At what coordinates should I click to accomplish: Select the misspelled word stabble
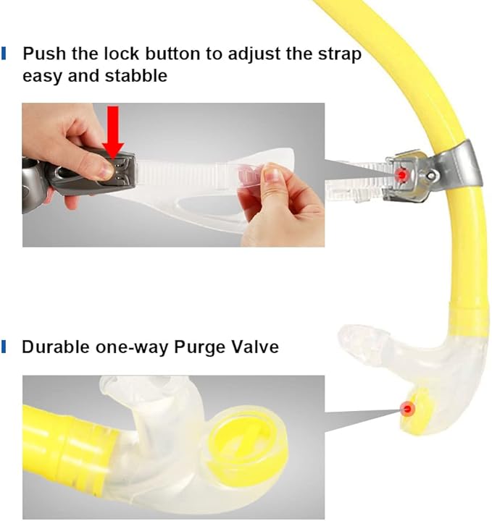click(x=133, y=75)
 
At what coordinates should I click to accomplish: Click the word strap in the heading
click(x=338, y=54)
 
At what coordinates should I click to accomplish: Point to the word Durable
click(x=56, y=347)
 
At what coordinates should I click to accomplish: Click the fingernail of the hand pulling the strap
click(x=272, y=174)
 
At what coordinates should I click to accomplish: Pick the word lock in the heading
click(x=148, y=54)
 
